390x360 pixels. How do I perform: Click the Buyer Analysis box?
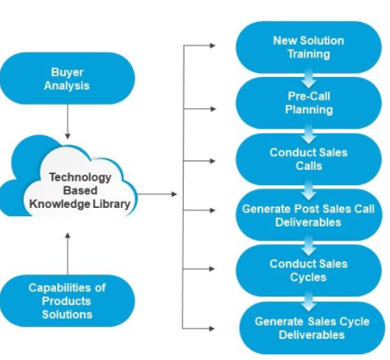point(68,79)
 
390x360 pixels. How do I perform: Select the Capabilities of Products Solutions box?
point(68,301)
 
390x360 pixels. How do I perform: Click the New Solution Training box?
point(309,47)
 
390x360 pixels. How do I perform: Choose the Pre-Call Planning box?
point(309,103)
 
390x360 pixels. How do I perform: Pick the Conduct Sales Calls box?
point(309,159)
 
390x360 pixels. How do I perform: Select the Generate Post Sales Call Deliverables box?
point(309,215)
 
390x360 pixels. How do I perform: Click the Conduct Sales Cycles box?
point(309,270)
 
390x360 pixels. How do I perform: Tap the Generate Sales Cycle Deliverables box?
point(312,328)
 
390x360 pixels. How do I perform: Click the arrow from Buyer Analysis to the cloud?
point(68,122)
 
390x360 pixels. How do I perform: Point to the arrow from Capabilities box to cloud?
point(68,254)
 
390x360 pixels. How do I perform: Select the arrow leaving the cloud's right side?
point(157,194)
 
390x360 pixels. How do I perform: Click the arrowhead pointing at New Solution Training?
point(212,45)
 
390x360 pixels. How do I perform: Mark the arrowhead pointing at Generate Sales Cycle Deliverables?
point(211,328)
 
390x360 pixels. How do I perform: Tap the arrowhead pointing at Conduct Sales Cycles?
point(211,269)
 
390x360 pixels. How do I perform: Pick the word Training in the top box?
point(309,54)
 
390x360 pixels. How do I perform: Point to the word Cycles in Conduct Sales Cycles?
point(308,277)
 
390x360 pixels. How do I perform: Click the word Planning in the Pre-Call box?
point(309,110)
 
